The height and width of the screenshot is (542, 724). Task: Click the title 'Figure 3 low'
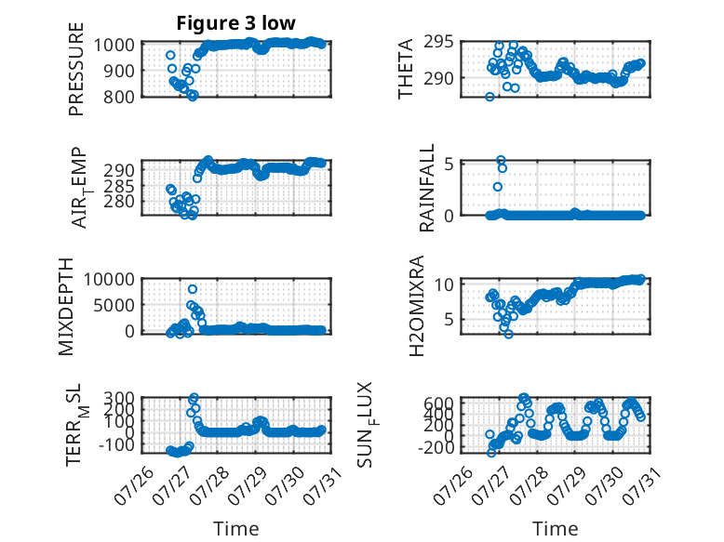pyautogui.click(x=236, y=23)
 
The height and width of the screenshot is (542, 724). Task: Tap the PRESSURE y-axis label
pyautogui.click(x=76, y=69)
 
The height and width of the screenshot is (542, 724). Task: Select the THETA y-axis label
pyautogui.click(x=405, y=69)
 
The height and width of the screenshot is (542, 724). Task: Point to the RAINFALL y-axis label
pyautogui.click(x=426, y=188)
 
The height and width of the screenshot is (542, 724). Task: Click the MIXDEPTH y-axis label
pyautogui.click(x=66, y=307)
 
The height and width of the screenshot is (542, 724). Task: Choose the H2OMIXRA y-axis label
pyautogui.click(x=417, y=306)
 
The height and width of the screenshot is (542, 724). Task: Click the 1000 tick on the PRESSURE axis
pyautogui.click(x=114, y=46)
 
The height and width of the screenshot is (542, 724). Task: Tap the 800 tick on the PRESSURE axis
pyautogui.click(x=119, y=97)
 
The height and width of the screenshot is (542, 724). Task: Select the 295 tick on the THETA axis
pyautogui.click(x=438, y=42)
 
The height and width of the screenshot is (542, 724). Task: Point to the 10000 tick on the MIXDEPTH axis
pyautogui.click(x=109, y=279)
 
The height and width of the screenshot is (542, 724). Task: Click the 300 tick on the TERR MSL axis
pyautogui.click(x=119, y=397)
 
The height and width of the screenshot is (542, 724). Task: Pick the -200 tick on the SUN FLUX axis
pyautogui.click(x=436, y=447)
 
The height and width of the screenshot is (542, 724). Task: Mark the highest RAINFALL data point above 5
pyautogui.click(x=501, y=160)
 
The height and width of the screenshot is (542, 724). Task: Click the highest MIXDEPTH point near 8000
pyautogui.click(x=193, y=289)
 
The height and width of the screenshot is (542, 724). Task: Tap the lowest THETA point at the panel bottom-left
pyautogui.click(x=489, y=97)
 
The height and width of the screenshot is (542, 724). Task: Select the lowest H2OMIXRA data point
pyautogui.click(x=508, y=334)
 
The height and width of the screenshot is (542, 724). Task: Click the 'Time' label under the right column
pyautogui.click(x=555, y=529)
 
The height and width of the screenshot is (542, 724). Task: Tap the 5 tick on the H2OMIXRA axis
pyautogui.click(x=449, y=319)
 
